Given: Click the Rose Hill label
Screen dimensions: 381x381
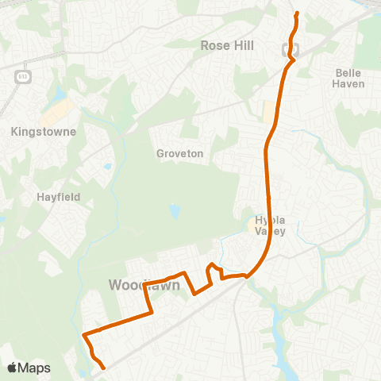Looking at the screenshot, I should (227, 46).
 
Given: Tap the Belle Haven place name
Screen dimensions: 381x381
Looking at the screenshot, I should (349, 78).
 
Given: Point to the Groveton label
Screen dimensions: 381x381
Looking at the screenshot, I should (180, 152).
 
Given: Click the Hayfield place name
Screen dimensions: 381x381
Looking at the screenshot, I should (58, 196).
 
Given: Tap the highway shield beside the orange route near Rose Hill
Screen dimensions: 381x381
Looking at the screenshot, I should (287, 49).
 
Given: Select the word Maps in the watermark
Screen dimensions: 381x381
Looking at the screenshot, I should (37, 368).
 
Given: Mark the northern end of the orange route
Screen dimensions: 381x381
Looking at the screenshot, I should (297, 13).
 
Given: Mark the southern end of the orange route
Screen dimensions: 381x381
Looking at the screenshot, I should (104, 368).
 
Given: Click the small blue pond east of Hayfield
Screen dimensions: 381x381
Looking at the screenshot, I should (106, 167).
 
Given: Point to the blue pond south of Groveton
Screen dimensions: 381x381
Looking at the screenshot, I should (175, 211).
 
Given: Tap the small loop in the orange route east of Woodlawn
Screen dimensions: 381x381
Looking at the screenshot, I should (212, 269).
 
